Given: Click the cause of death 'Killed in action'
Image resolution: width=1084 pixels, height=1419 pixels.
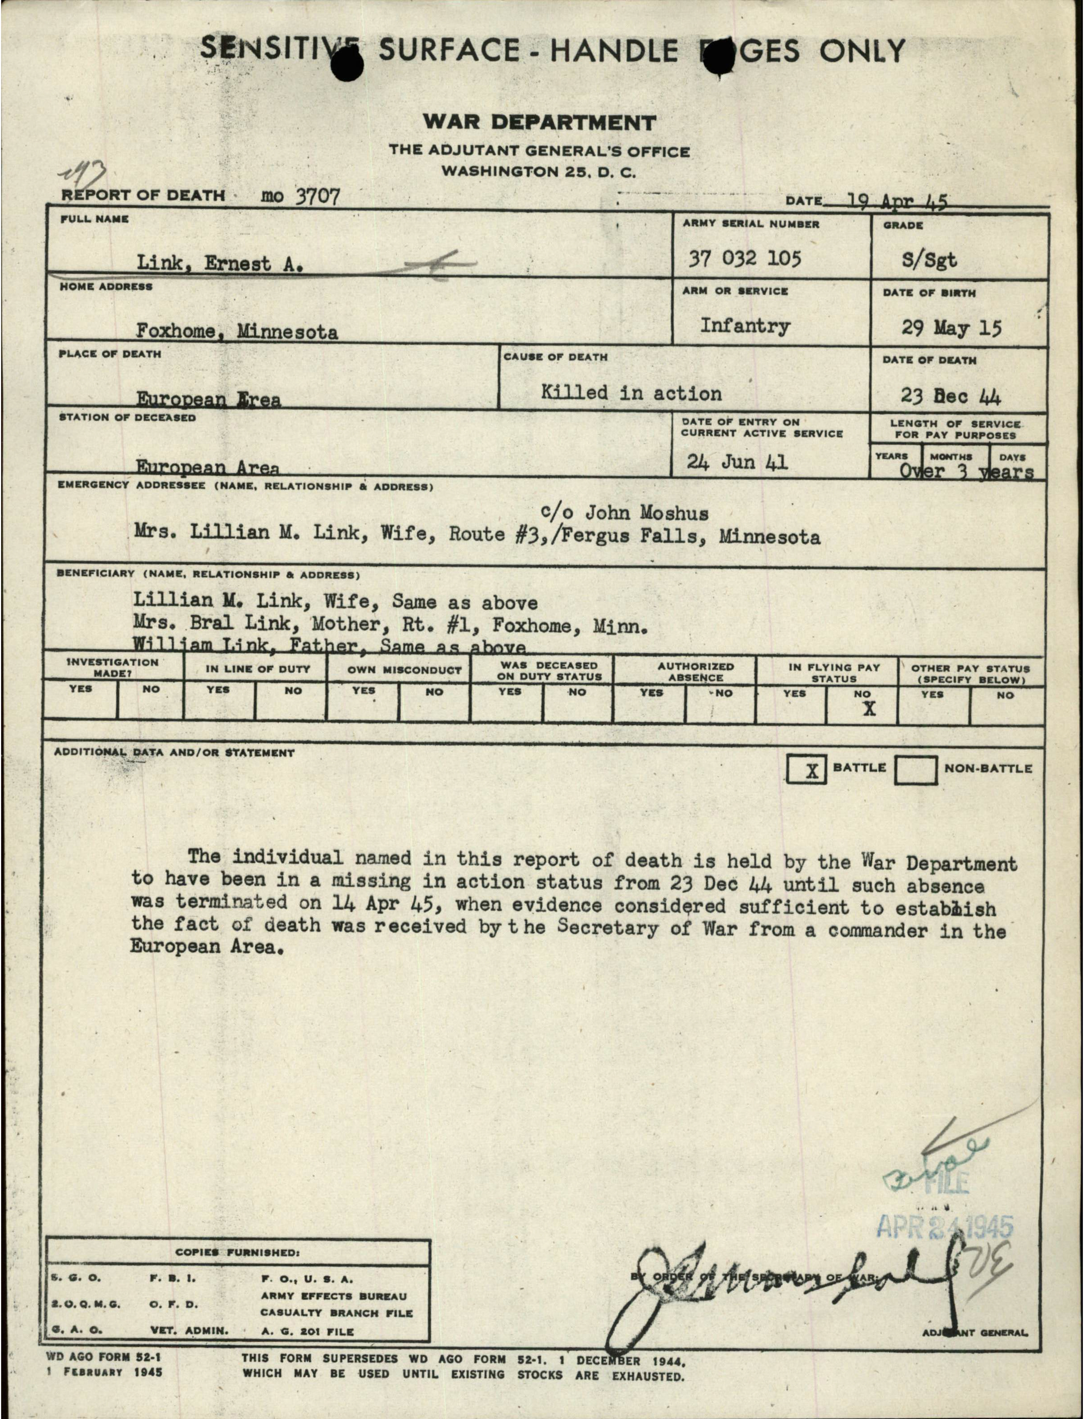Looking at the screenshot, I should [631, 393].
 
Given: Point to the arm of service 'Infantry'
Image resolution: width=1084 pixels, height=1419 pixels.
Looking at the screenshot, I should [745, 326].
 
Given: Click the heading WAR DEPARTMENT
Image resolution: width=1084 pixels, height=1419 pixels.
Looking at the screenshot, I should [539, 122].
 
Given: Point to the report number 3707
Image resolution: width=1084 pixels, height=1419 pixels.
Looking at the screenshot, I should [317, 196].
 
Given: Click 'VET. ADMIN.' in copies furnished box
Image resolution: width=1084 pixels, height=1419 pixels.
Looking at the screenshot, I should [189, 1331].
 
